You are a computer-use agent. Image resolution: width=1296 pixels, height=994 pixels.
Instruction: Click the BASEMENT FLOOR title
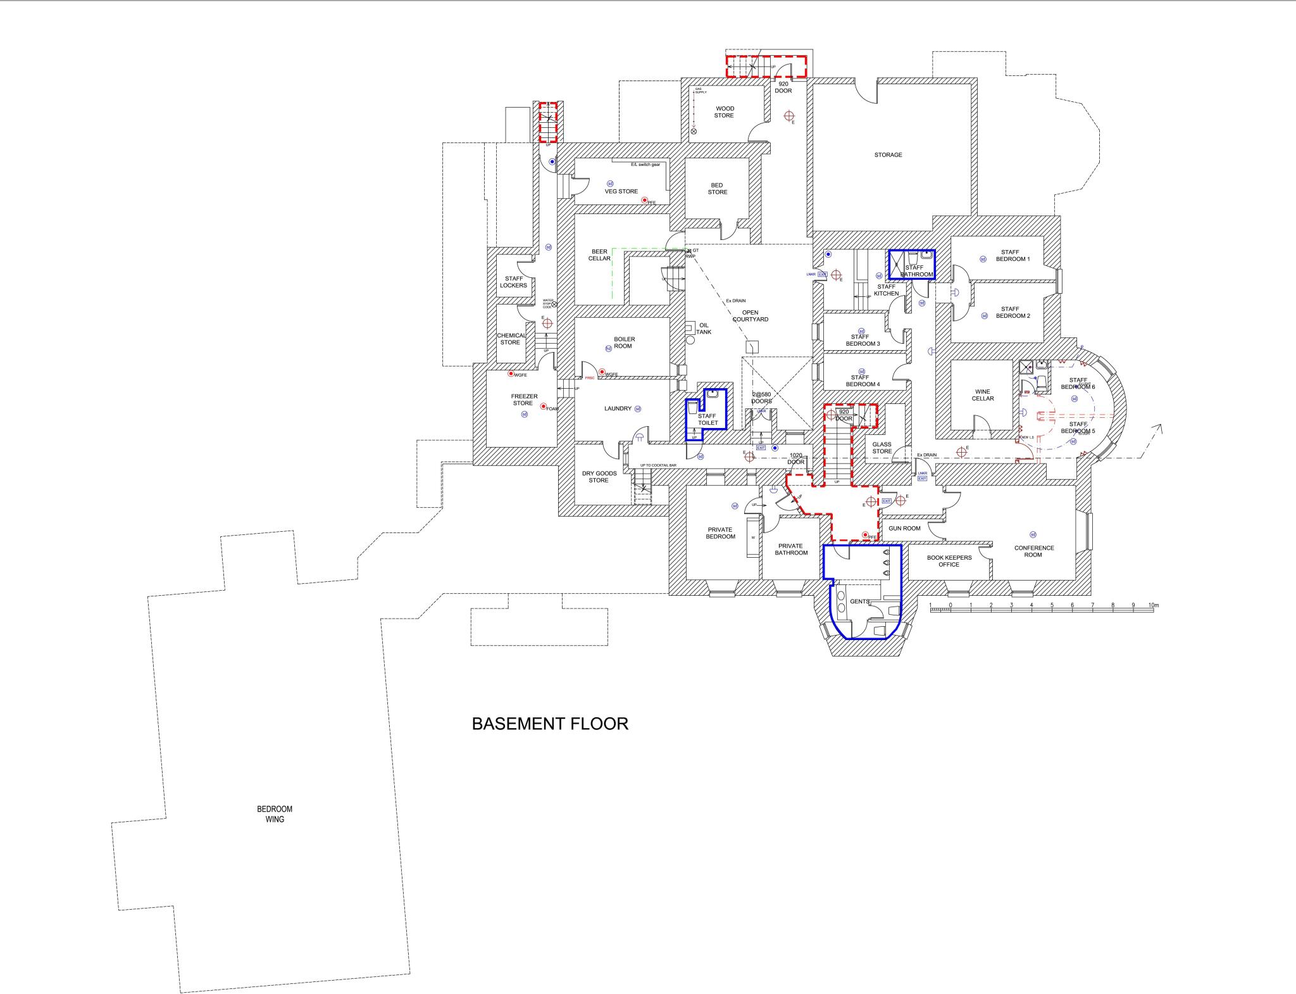click(550, 724)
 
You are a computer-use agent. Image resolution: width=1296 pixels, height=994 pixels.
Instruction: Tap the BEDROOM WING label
click(275, 814)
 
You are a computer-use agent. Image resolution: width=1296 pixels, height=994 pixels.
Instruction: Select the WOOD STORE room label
click(724, 112)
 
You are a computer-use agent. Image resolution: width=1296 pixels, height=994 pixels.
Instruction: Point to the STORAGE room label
click(888, 154)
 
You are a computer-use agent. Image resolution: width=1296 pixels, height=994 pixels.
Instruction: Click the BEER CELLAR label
click(599, 255)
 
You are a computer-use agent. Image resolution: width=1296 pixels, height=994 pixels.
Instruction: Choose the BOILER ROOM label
click(624, 343)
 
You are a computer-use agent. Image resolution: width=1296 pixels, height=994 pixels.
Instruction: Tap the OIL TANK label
click(704, 329)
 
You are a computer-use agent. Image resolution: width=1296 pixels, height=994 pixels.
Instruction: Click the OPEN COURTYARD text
click(750, 316)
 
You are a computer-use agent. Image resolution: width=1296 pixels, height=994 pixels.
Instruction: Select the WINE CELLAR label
click(983, 395)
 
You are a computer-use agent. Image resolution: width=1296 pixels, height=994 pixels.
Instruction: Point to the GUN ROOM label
click(904, 528)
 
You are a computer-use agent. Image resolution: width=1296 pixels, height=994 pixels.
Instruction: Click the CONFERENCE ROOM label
click(1033, 551)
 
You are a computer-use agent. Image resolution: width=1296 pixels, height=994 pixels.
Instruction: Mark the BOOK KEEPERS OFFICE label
click(949, 561)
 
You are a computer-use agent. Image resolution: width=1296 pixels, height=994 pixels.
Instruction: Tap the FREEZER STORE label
click(524, 399)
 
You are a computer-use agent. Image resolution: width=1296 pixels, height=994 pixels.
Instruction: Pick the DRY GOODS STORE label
click(599, 477)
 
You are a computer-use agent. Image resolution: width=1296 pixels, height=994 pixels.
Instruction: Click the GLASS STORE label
click(882, 448)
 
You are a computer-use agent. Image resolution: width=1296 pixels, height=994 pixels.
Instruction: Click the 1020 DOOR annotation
click(796, 458)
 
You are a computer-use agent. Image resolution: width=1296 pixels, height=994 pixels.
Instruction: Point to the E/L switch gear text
click(645, 165)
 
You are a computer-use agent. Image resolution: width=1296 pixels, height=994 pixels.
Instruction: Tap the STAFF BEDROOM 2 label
click(1010, 312)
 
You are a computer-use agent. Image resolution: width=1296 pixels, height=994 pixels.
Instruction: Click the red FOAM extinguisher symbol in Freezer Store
click(543, 406)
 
